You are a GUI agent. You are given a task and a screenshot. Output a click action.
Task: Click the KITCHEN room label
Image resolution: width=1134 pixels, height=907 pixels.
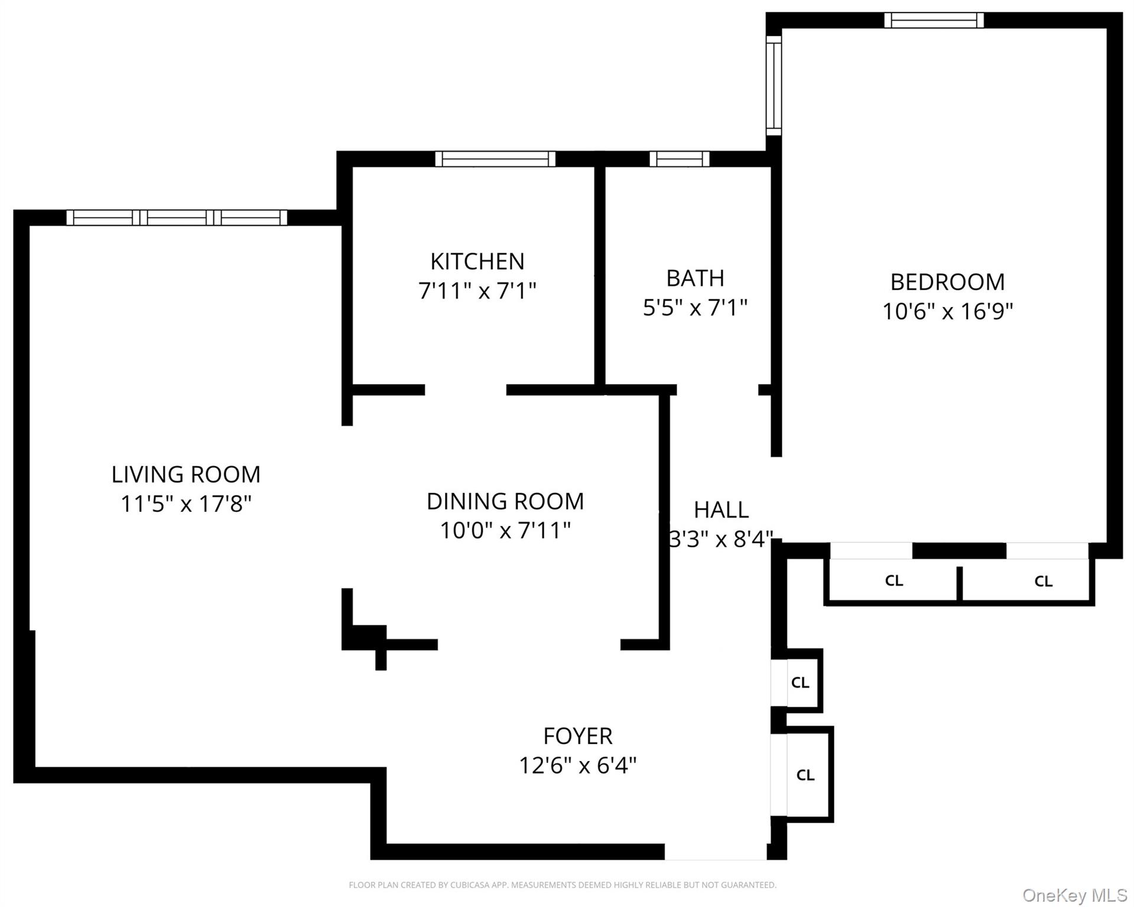(477, 261)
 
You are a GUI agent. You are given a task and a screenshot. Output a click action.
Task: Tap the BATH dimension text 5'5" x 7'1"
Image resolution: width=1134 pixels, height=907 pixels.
(695, 308)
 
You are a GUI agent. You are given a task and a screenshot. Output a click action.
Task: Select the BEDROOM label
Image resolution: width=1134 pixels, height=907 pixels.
(947, 282)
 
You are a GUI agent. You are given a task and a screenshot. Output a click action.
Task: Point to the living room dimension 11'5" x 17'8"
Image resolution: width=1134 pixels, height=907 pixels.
(186, 504)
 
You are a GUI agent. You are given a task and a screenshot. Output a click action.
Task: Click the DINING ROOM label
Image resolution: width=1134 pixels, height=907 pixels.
(505, 501)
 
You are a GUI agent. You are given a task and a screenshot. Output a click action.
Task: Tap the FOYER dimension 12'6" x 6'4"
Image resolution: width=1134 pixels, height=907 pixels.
(577, 766)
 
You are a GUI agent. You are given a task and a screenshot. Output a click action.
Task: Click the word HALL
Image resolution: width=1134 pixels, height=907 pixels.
(721, 510)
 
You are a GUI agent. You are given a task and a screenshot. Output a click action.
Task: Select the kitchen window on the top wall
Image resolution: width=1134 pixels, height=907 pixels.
(495, 159)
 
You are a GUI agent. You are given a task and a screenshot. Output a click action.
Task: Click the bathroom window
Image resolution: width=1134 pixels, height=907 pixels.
(680, 159)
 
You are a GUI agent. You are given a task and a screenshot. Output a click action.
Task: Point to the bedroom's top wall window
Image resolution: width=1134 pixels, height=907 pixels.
(934, 20)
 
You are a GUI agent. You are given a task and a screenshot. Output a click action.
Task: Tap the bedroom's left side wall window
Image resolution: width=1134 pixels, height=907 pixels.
(774, 86)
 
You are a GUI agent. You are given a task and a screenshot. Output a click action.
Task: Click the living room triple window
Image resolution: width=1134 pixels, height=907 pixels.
(177, 217)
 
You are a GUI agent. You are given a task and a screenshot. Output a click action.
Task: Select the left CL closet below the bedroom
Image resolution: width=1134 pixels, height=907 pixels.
(893, 581)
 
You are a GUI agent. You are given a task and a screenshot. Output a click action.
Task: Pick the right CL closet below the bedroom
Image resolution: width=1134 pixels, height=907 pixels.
(1043, 582)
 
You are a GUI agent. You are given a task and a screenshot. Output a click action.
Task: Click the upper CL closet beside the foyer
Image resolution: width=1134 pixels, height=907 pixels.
(800, 683)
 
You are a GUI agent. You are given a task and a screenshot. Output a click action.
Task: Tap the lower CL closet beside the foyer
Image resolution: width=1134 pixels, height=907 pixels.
(805, 775)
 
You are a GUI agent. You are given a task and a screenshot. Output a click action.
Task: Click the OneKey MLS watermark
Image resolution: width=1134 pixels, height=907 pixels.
(1074, 895)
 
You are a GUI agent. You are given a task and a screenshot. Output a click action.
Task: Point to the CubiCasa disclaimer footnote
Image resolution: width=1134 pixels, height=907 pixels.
(562, 885)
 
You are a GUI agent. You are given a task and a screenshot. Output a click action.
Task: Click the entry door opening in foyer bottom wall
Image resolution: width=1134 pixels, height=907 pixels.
(715, 851)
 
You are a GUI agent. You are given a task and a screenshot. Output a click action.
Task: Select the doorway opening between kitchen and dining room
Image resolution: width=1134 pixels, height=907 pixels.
(466, 390)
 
